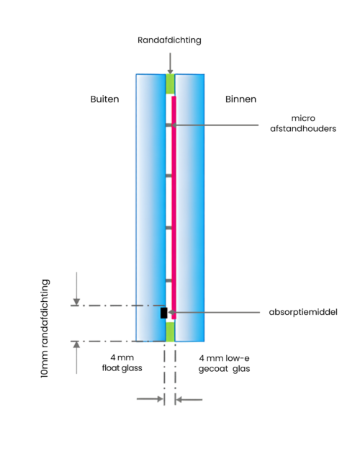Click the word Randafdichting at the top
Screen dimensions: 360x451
tap(169, 40)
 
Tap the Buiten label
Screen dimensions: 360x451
tap(104, 99)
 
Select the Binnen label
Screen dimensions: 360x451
tap(240, 99)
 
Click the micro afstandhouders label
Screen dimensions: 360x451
tap(303, 123)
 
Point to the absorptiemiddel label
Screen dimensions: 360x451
tap(303, 312)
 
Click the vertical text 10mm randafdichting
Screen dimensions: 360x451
tap(45, 329)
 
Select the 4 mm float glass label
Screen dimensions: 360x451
tap(122, 362)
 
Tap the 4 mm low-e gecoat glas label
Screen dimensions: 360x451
tap(225, 363)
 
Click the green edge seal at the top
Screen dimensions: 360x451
tap(170, 84)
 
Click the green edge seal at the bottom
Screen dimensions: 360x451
tap(170, 331)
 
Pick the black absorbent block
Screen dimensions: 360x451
tap(164, 313)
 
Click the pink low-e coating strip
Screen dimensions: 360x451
tap(174, 207)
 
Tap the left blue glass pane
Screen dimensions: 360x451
tap(151, 207)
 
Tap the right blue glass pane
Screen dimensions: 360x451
tap(190, 207)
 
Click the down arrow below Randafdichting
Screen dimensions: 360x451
tap(170, 63)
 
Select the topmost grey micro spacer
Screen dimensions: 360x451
tap(168, 125)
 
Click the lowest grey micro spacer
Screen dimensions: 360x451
tap(168, 280)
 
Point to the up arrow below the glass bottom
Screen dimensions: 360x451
tap(76, 357)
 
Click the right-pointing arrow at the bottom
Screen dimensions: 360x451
tap(150, 399)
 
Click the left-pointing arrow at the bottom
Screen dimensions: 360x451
tap(189, 400)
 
